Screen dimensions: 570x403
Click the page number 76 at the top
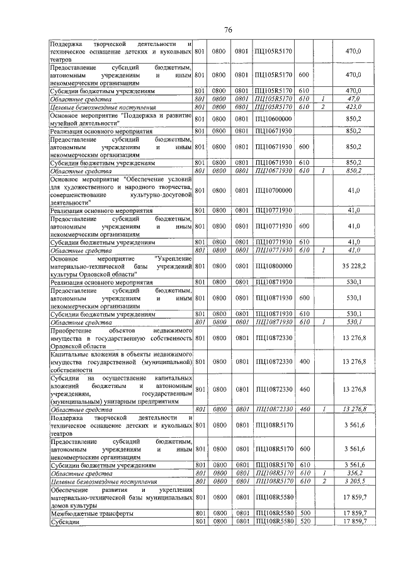point(229,30)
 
